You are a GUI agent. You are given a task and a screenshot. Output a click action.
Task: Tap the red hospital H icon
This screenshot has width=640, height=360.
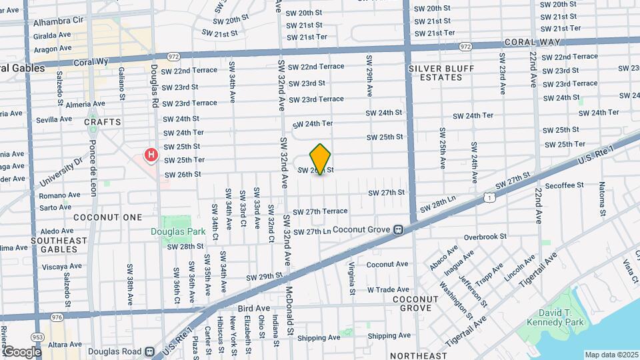(x=151, y=156)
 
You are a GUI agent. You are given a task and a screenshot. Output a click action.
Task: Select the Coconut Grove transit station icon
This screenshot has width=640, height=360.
(x=398, y=229)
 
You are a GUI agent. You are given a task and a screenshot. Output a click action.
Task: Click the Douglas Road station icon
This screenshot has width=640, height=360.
(x=150, y=351)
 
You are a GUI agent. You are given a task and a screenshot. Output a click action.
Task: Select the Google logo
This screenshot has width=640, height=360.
(x=21, y=351)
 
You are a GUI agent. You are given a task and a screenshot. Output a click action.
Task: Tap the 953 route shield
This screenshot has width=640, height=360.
(x=37, y=338)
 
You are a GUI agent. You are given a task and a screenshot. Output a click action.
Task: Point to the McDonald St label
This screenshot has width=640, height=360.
(x=291, y=307)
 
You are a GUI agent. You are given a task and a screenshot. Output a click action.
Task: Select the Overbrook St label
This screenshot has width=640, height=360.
(x=485, y=237)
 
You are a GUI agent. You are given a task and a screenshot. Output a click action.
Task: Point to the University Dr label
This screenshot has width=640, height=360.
(x=59, y=172)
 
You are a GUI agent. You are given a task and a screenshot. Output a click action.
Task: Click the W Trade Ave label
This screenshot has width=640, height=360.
(x=388, y=289)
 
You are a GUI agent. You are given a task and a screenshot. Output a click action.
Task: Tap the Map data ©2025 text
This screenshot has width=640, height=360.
(x=612, y=355)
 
